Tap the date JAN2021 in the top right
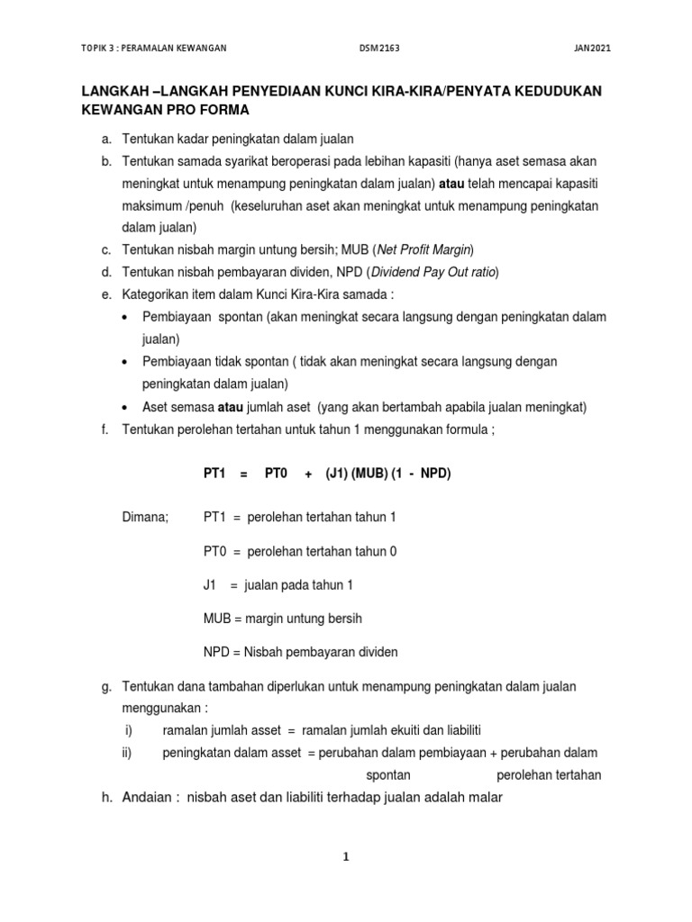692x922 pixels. coord(592,48)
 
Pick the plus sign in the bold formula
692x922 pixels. coord(308,474)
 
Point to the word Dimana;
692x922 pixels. coord(144,518)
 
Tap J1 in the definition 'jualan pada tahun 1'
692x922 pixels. coord(210,585)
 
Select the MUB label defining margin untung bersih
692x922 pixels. coord(217,619)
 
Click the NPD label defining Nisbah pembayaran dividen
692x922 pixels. coord(216,652)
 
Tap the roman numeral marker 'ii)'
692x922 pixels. coord(127,753)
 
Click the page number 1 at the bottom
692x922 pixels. coord(345,857)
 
